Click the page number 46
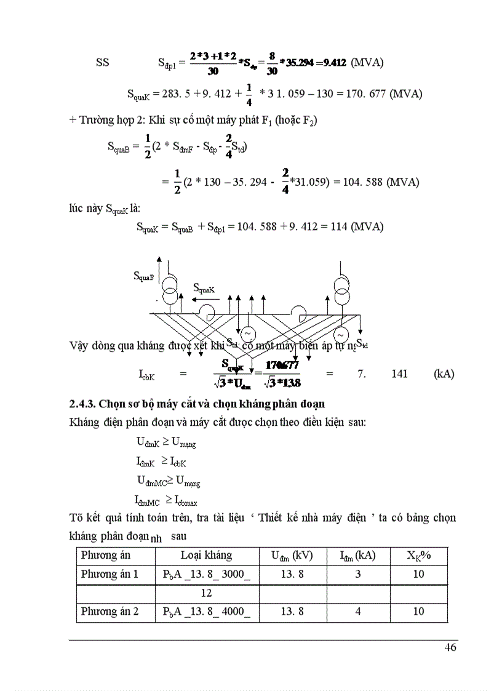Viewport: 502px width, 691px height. pyautogui.click(x=450, y=648)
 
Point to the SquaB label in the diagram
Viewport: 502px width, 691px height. pyautogui.click(x=143, y=276)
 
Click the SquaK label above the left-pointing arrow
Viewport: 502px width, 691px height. pyautogui.click(x=204, y=288)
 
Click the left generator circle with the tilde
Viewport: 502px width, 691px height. pyautogui.click(x=249, y=333)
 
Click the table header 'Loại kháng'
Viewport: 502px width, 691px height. pyautogui.click(x=206, y=555)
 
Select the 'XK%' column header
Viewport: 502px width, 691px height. pyautogui.click(x=419, y=555)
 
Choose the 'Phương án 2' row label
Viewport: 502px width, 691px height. pyautogui.click(x=110, y=612)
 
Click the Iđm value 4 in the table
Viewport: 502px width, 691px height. pyautogui.click(x=357, y=612)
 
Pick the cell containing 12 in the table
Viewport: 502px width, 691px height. pyautogui.click(x=206, y=593)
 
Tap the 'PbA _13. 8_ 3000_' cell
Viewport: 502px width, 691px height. pyautogui.click(x=209, y=574)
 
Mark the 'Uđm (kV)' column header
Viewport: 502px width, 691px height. pyautogui.click(x=292, y=556)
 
